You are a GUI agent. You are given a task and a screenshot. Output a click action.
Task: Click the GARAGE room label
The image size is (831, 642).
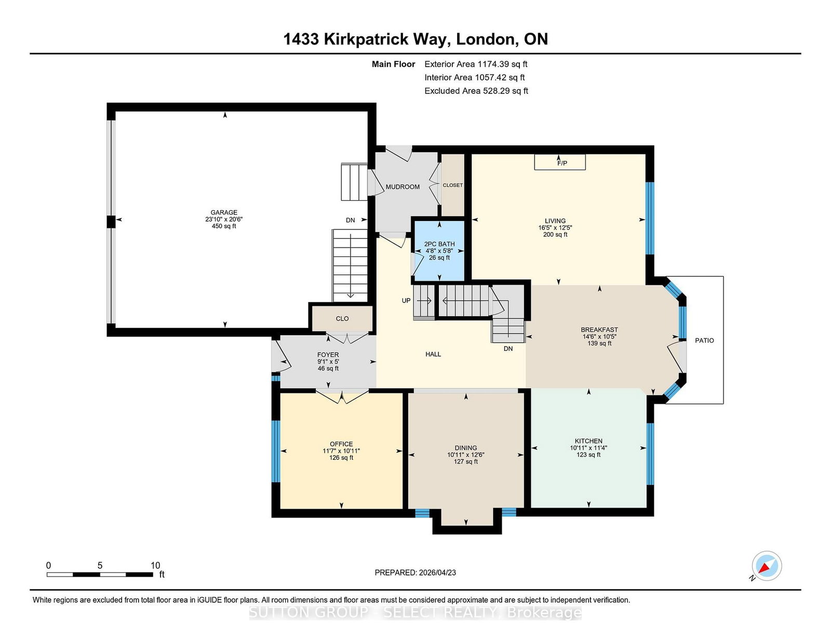[x=224, y=212]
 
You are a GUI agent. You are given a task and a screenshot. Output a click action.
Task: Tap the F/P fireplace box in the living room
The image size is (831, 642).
[x=560, y=162]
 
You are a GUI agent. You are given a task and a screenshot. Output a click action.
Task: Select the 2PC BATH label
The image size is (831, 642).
[x=439, y=244]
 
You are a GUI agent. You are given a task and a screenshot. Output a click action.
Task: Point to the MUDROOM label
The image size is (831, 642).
[x=403, y=187]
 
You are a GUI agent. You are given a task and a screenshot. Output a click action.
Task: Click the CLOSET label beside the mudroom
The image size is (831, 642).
[x=453, y=185]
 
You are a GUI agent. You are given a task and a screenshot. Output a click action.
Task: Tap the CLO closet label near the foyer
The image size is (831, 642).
[x=342, y=318]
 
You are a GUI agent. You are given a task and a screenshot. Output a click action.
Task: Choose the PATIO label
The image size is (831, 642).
[x=704, y=340]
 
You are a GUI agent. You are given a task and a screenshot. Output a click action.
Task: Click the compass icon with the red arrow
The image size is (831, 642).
[x=767, y=566]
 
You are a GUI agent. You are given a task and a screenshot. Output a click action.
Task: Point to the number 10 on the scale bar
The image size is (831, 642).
[x=155, y=565]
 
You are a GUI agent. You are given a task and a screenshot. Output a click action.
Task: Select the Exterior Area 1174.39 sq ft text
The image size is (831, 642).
[x=476, y=64]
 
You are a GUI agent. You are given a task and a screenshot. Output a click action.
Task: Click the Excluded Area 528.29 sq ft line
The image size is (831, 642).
[x=476, y=91]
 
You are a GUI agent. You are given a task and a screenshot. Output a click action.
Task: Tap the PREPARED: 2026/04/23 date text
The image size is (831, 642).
[x=415, y=572]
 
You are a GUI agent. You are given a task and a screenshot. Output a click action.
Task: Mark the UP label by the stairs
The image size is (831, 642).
[x=406, y=300]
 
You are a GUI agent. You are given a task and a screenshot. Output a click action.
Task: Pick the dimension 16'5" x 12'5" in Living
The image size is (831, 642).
[x=555, y=228]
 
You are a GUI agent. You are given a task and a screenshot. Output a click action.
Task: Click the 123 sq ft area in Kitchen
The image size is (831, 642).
[x=588, y=455]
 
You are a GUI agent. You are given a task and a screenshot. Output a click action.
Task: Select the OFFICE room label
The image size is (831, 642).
[x=342, y=444]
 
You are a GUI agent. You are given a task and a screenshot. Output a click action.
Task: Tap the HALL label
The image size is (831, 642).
[x=433, y=354]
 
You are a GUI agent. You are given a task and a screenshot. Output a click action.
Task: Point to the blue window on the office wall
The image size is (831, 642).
[x=276, y=452]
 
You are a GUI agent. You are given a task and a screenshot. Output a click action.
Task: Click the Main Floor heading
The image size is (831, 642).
[x=394, y=64]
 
